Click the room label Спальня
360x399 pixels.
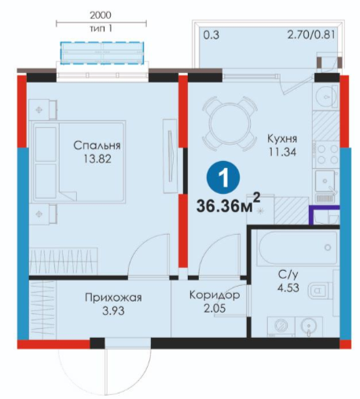tap(97, 145)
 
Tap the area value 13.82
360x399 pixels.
tap(97, 159)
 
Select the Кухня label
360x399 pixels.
tap(282, 139)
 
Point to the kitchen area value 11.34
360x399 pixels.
tap(282, 152)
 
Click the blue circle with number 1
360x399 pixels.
tap(223, 178)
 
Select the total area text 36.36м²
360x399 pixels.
tap(228, 203)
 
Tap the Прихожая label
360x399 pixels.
tap(113, 298)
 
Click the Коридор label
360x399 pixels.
tap(215, 295)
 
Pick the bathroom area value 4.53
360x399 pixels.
tap(288, 287)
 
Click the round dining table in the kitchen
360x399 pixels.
tap(230, 123)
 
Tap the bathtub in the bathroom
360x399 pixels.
tap(298, 247)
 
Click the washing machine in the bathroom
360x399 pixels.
tap(281, 326)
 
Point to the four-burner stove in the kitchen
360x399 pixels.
tap(326, 154)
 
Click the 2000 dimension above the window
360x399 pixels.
tap(101, 15)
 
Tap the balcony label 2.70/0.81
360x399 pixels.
tap(311, 35)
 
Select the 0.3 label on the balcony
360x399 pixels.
tap(211, 35)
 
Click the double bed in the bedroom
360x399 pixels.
tap(78, 162)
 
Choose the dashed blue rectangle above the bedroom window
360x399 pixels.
tap(102, 53)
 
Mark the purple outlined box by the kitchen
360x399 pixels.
tap(324, 214)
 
